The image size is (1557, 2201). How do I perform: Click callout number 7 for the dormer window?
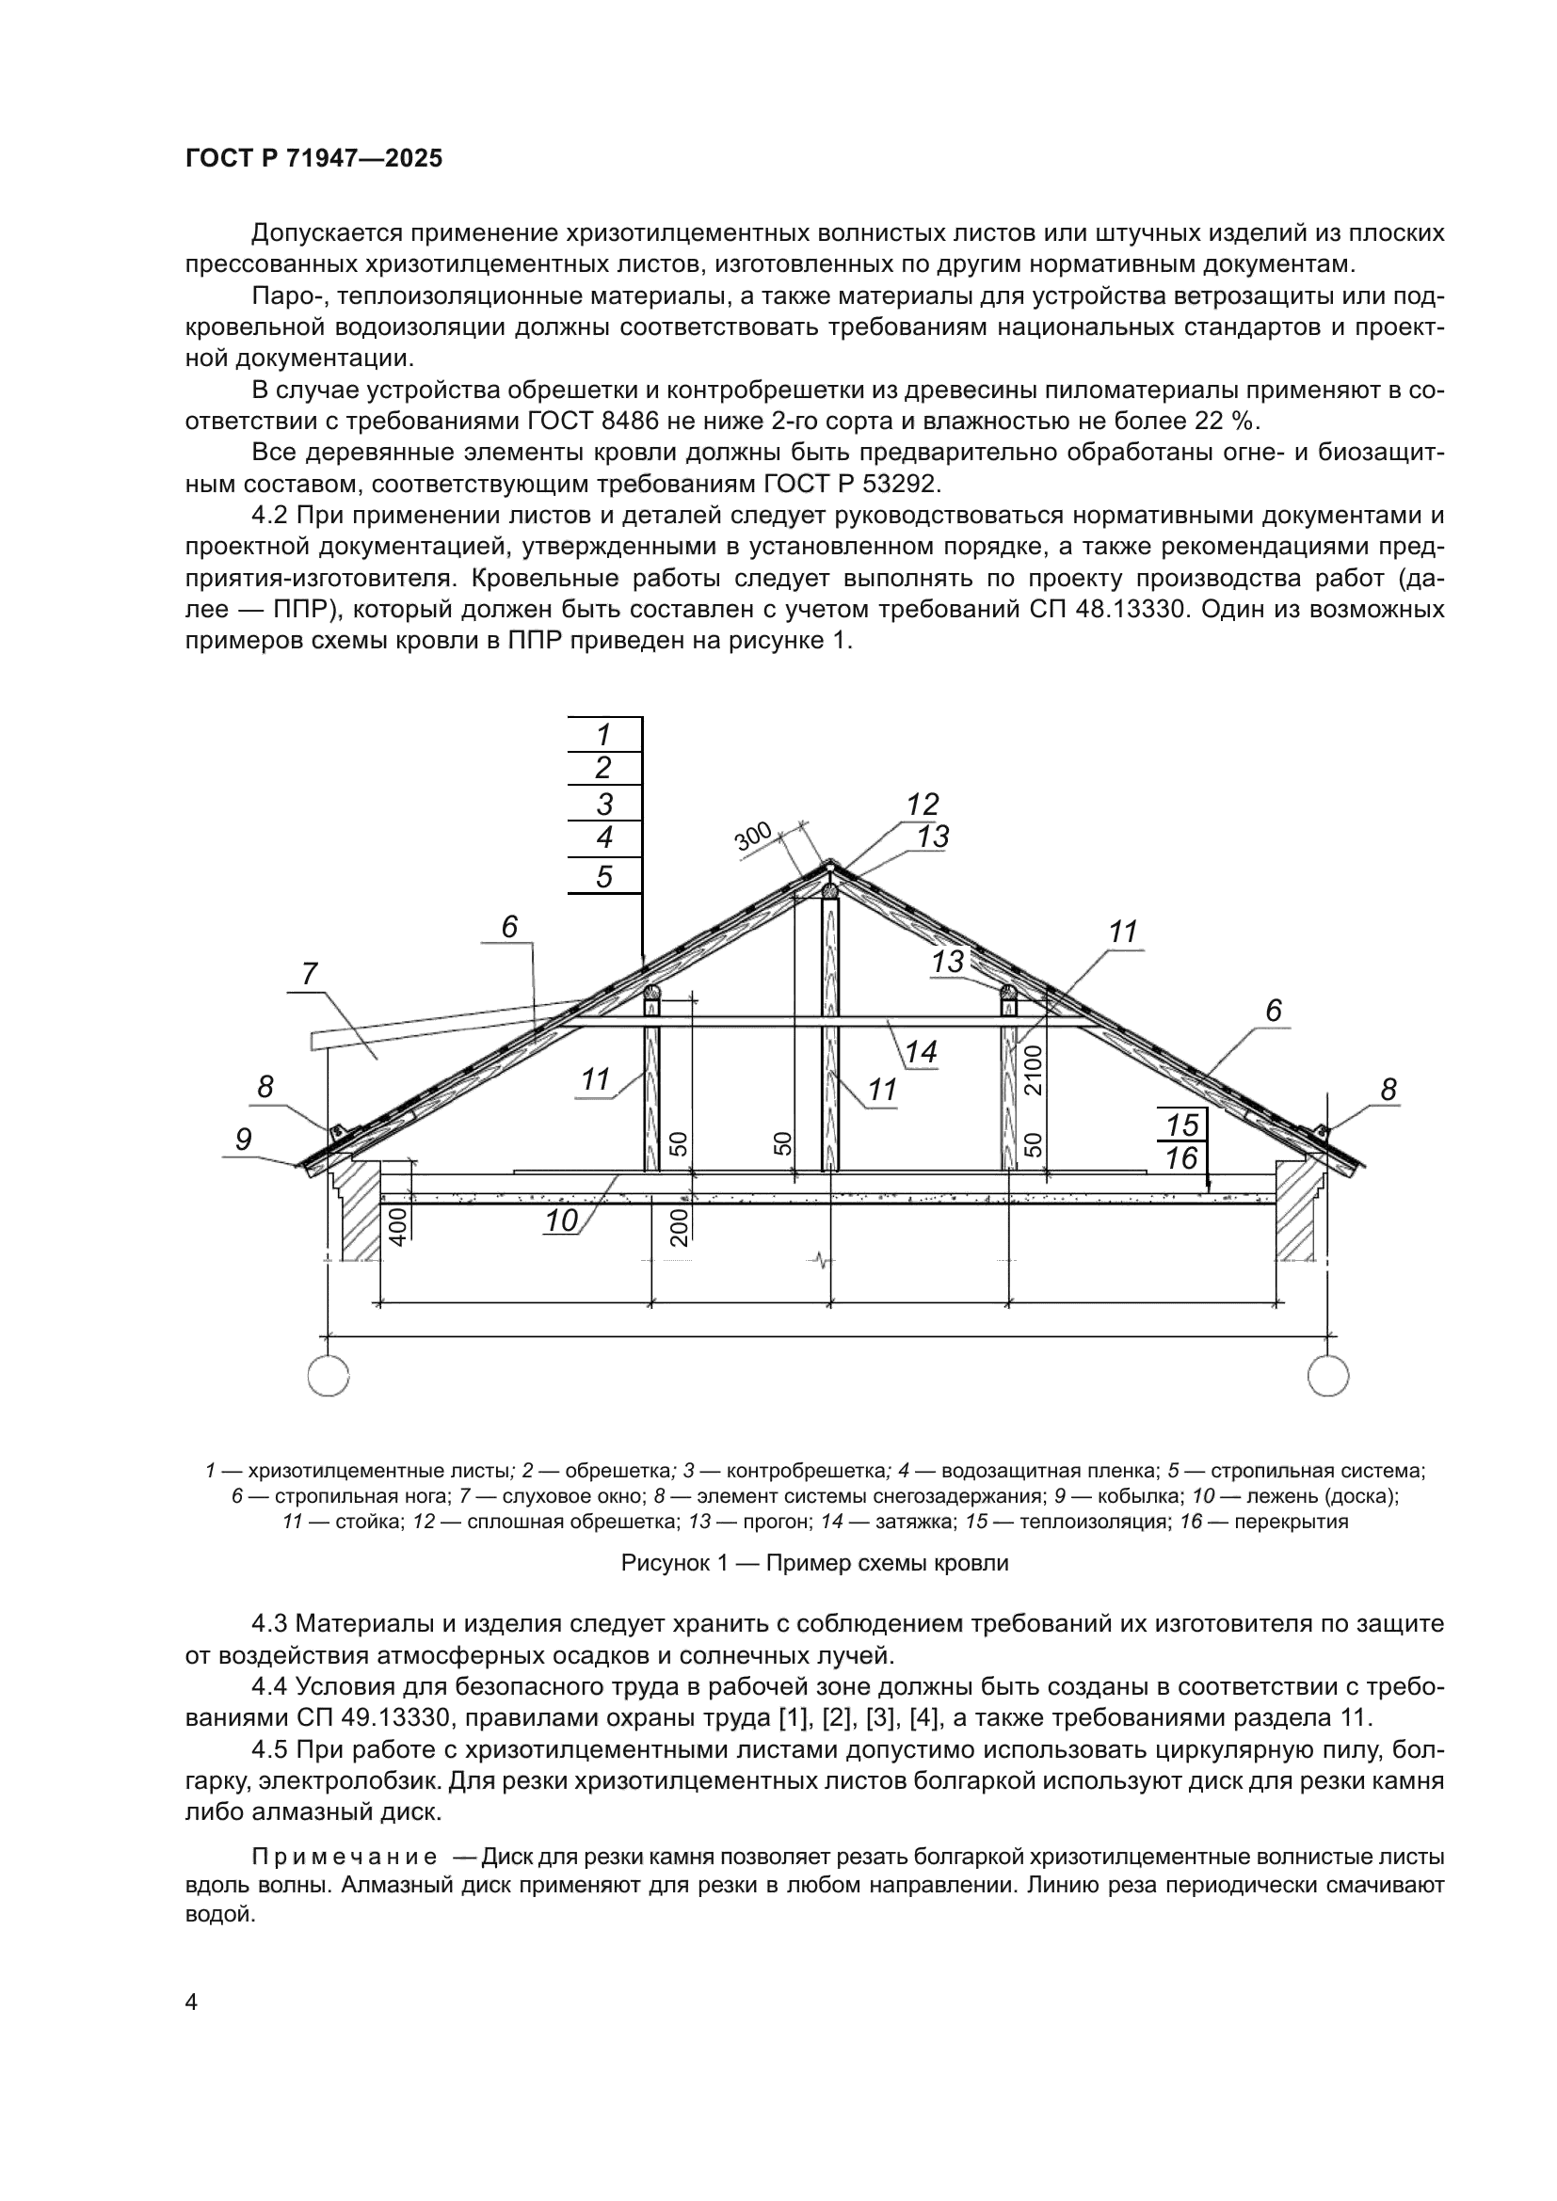[310, 974]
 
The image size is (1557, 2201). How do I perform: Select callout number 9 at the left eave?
[244, 1139]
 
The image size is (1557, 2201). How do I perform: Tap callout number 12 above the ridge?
[923, 804]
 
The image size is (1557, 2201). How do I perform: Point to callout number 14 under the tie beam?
[921, 1052]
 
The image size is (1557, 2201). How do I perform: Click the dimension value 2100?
[1034, 1071]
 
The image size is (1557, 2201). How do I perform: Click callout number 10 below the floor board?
[562, 1221]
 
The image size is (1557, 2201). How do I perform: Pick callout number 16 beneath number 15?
[1182, 1158]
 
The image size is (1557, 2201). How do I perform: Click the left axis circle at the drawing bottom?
[329, 1377]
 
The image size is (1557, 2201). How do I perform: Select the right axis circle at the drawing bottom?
[1328, 1377]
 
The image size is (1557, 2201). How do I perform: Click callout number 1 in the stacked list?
[604, 735]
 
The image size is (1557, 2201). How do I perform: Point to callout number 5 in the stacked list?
[604, 876]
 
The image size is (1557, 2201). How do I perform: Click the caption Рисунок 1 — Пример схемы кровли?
[814, 1564]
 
